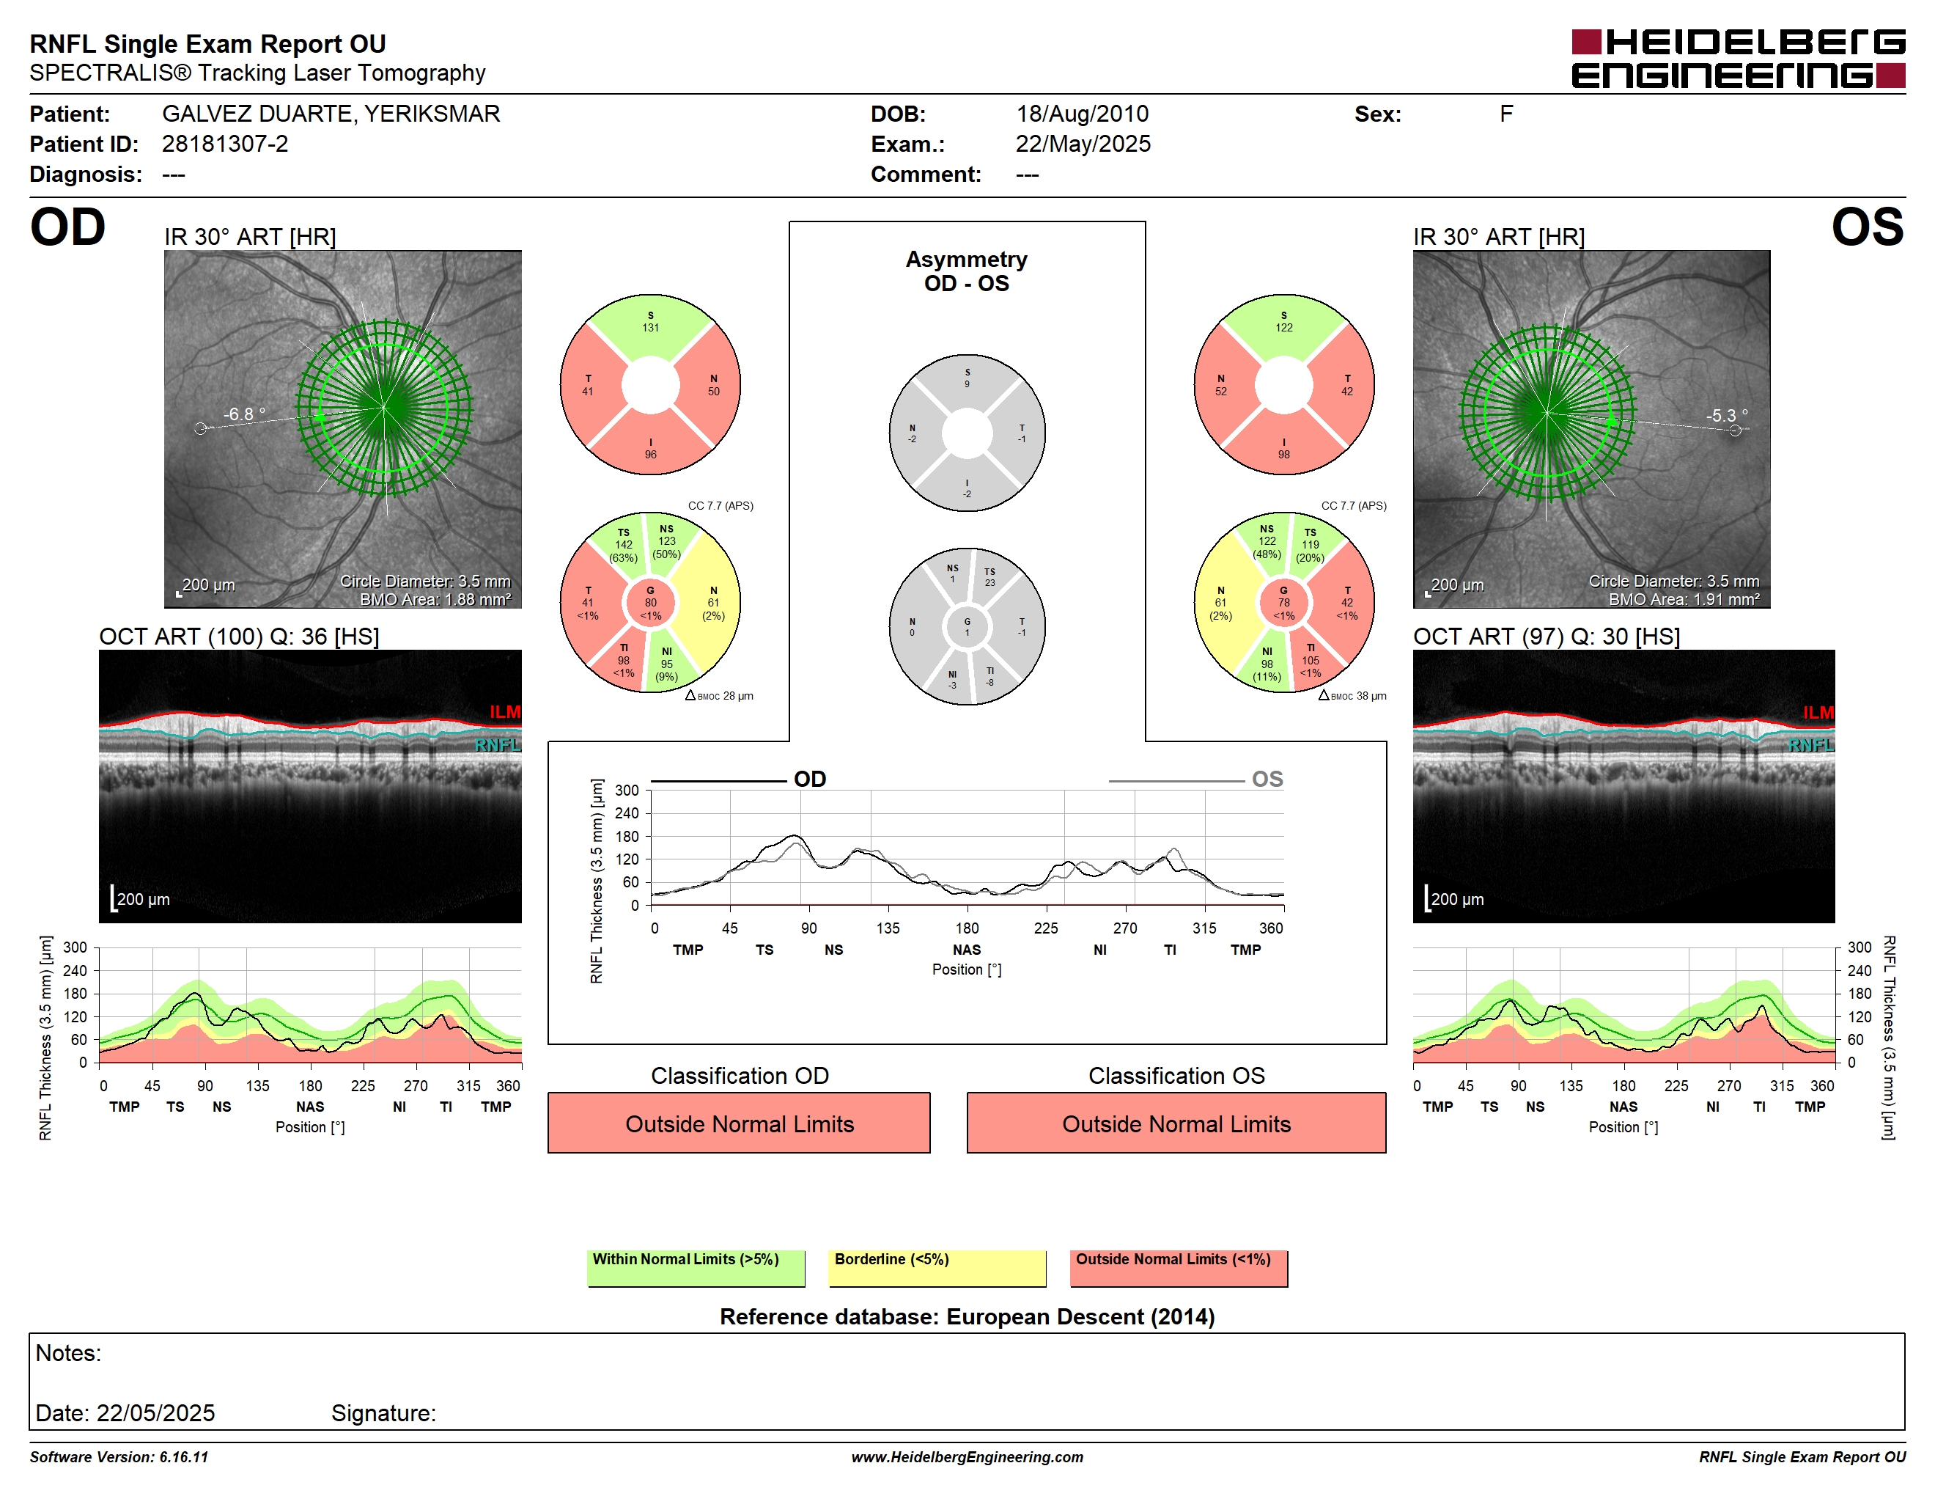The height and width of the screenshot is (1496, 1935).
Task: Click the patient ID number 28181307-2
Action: (x=225, y=144)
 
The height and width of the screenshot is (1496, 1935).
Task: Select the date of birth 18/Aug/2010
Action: (x=1082, y=114)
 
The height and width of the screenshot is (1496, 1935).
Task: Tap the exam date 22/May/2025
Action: (x=1083, y=144)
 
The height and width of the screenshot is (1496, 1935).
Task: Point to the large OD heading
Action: (x=67, y=228)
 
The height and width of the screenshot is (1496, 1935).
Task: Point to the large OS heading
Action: (x=1868, y=228)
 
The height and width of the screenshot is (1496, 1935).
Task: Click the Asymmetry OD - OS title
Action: (x=967, y=271)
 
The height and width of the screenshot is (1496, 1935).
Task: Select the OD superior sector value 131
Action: (x=650, y=328)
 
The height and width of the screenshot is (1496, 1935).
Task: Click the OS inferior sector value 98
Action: (x=1284, y=455)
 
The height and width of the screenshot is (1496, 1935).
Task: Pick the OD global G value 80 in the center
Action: (x=650, y=603)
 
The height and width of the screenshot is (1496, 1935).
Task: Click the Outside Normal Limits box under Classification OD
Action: (x=739, y=1123)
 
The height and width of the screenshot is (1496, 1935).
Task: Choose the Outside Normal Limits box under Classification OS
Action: (x=1176, y=1123)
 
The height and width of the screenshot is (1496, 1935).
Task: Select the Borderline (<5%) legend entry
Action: (x=937, y=1267)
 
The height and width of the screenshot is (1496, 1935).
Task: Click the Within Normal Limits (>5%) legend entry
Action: (x=696, y=1267)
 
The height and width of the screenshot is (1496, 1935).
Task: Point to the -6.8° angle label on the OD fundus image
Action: (x=243, y=414)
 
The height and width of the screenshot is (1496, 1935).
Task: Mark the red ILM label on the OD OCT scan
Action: (x=505, y=711)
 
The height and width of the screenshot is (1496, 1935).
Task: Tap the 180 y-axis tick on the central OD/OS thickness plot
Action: (x=627, y=837)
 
